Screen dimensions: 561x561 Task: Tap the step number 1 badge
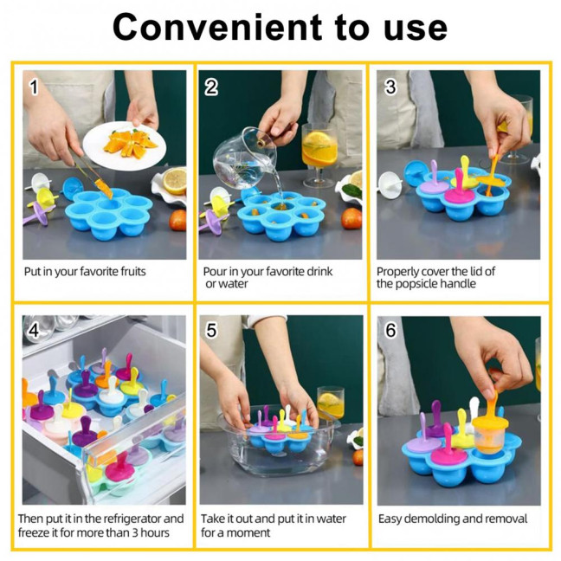pos(35,87)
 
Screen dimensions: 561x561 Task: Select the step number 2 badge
pos(211,87)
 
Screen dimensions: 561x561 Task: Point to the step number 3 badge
pos(390,87)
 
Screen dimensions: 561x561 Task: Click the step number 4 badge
pos(35,331)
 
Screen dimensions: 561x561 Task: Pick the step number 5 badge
pos(211,331)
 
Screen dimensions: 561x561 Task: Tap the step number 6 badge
pos(390,331)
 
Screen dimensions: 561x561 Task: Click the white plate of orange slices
pos(120,142)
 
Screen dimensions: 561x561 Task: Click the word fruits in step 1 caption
pos(129,272)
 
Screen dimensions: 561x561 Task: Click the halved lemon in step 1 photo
pos(175,180)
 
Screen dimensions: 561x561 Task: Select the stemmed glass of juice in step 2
pos(318,152)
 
